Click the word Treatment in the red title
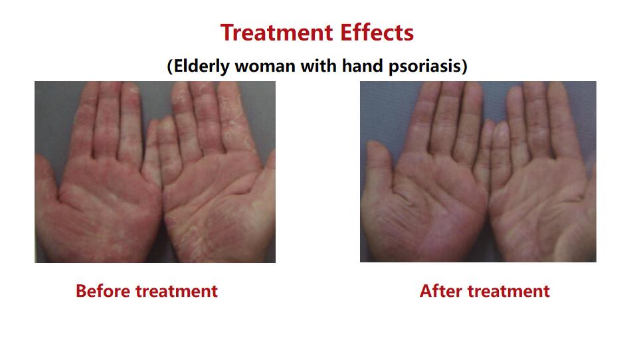277,33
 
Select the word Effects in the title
377,33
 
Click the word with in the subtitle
319,66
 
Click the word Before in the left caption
103,291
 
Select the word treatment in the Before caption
177,292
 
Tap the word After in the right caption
440,291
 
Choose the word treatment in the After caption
509,292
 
